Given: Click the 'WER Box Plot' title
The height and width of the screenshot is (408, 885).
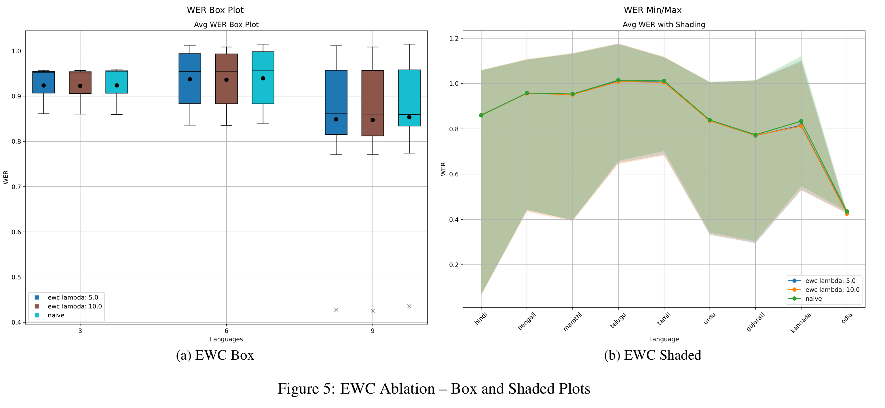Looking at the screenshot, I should click(x=215, y=10).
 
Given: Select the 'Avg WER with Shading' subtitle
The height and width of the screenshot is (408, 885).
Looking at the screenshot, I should click(x=664, y=25).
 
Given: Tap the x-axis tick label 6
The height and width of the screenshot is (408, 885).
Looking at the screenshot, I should click(x=226, y=331).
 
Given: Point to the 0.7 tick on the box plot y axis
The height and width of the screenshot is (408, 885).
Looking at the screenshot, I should click(x=16, y=187).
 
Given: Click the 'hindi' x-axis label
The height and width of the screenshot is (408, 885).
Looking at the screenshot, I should click(x=481, y=319).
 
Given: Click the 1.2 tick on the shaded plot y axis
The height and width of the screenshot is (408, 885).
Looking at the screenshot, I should click(x=454, y=38).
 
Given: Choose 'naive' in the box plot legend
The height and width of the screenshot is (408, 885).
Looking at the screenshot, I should click(x=56, y=315).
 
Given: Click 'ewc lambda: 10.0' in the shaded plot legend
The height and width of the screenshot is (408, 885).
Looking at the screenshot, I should click(x=832, y=289).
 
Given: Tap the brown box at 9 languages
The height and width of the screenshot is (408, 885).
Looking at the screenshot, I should click(x=373, y=103).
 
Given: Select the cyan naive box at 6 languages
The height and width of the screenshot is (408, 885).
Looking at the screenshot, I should click(x=263, y=78).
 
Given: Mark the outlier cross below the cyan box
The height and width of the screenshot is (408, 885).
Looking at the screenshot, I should click(x=409, y=306).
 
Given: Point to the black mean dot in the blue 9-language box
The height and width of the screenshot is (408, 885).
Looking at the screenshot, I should click(x=336, y=119).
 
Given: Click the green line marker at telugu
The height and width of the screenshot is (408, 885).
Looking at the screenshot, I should click(x=618, y=80).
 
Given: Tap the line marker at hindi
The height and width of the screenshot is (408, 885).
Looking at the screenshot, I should click(x=481, y=115).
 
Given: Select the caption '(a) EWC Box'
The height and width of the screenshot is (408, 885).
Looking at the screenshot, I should click(x=215, y=355).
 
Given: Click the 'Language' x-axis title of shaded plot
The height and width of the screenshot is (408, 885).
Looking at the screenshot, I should click(x=664, y=339).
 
